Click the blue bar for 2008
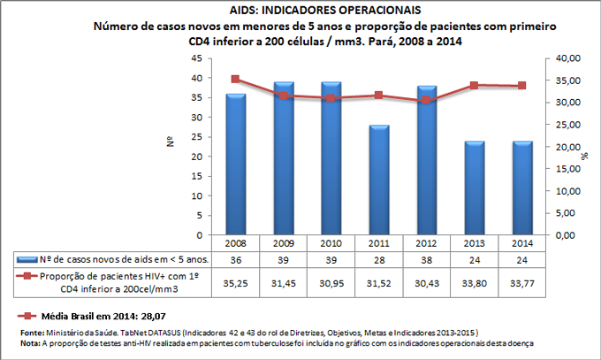click(x=235, y=164)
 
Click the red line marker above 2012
click(x=424, y=100)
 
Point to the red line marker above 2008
click(x=235, y=79)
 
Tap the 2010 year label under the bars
click(x=330, y=243)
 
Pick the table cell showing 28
click(x=377, y=259)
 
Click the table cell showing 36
click(x=235, y=259)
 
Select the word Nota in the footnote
click(x=28, y=342)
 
